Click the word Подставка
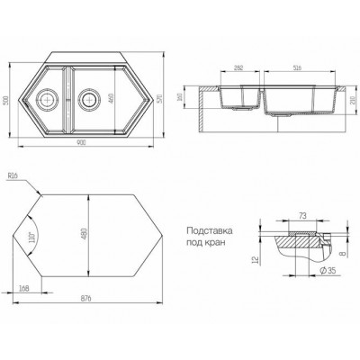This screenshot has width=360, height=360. [210, 232]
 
